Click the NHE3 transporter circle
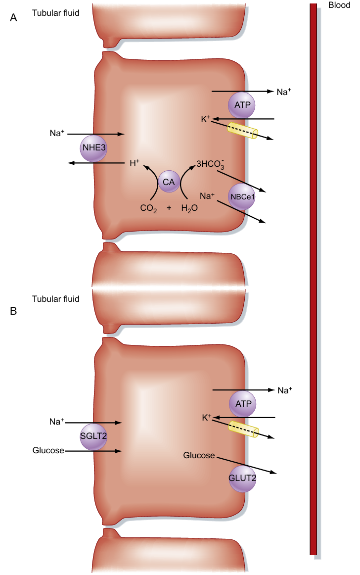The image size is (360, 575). coord(93,147)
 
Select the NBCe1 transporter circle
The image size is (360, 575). coord(242,197)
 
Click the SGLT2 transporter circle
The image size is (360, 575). coord(93,436)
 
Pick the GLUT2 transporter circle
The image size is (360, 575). coord(242,478)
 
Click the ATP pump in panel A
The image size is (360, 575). coord(242,105)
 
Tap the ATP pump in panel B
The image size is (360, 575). coord(243,403)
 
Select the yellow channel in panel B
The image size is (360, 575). coord(243,429)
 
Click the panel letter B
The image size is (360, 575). coord(14,311)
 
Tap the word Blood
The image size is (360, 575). coord(339,5)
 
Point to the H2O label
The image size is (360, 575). coord(189,208)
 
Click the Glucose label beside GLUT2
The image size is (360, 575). coord(199,455)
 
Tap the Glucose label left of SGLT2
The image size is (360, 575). coord(48,450)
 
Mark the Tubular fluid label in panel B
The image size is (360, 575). coord(55,299)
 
